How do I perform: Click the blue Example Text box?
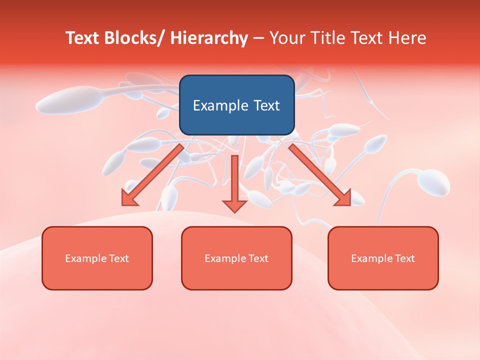[236, 105]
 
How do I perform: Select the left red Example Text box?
[97, 258]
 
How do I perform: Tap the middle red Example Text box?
[236, 258]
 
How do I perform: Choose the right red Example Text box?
[383, 258]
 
